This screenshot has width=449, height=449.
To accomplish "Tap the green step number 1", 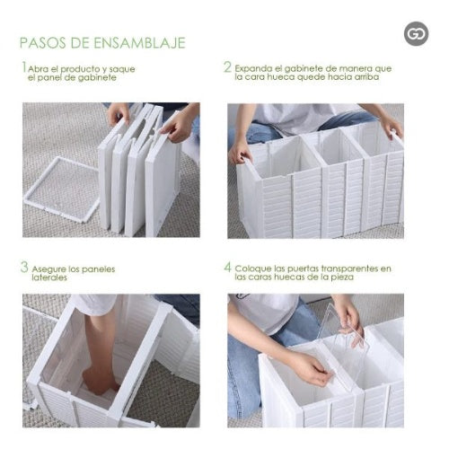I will [24, 67].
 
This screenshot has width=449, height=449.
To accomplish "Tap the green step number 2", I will [227, 67].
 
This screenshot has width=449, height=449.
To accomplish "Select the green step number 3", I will [25, 268].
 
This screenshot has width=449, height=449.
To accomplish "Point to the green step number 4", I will [228, 268].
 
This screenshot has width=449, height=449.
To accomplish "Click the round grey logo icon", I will [416, 35].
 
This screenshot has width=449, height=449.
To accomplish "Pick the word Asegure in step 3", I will [54, 269].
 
